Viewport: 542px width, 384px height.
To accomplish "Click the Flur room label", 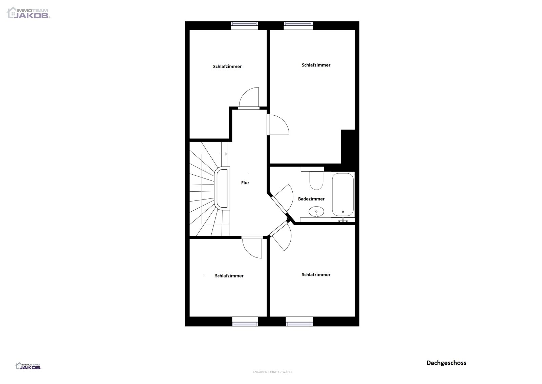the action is (245, 183).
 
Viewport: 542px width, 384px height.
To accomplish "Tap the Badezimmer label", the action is (311, 199).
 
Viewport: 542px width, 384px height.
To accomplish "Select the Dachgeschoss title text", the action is (446, 363).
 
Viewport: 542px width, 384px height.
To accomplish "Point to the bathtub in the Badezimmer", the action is (342, 194).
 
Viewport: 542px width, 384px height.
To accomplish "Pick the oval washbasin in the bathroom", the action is (316, 212).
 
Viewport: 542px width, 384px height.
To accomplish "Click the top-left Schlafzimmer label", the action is (227, 66).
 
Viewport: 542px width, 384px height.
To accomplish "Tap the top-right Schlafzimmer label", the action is (316, 65).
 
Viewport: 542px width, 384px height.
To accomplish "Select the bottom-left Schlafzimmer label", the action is (229, 276).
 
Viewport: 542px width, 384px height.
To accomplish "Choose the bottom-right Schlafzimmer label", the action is (316, 274).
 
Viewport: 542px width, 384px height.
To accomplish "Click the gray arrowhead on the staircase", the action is (226, 154).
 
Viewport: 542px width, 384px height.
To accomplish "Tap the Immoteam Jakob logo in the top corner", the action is (28, 13).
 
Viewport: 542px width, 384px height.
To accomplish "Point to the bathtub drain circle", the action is (343, 212).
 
